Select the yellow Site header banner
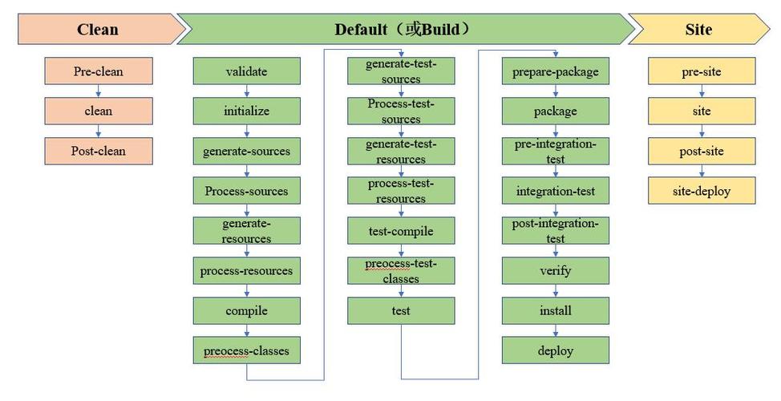click(x=699, y=29)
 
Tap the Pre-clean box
click(x=99, y=71)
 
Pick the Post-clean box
click(x=99, y=151)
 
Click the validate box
click(x=246, y=71)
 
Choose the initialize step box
click(x=246, y=111)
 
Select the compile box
click(x=246, y=311)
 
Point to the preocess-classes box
click(x=246, y=350)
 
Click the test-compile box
click(x=401, y=231)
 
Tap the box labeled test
click(x=401, y=311)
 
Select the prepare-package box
click(x=556, y=71)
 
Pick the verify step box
click(x=556, y=270)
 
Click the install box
click(x=556, y=311)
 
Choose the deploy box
click(x=556, y=350)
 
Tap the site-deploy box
click(x=702, y=191)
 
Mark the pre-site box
click(x=702, y=71)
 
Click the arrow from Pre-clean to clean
click(x=99, y=91)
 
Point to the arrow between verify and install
click(x=556, y=291)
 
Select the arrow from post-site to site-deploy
click(x=702, y=171)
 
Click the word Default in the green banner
click(x=361, y=30)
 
